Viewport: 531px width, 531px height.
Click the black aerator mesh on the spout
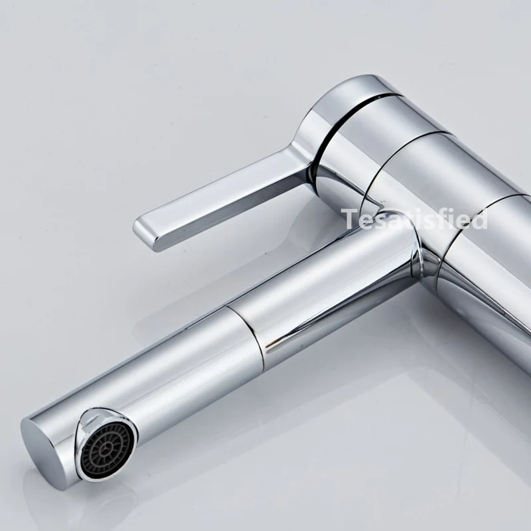[107, 447]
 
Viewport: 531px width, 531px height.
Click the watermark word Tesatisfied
[414, 219]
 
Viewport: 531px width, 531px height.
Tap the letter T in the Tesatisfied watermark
[350, 219]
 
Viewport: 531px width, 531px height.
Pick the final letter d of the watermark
[479, 219]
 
